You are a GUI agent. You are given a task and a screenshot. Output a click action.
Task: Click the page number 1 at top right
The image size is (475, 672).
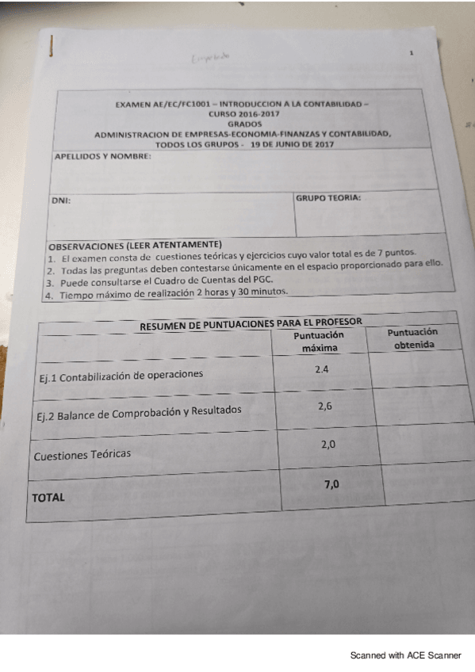pyautogui.click(x=412, y=54)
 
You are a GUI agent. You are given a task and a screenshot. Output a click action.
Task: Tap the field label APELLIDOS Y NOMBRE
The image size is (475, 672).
pyautogui.click(x=102, y=157)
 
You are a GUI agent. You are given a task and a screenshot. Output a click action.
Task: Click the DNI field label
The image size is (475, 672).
pyautogui.click(x=61, y=200)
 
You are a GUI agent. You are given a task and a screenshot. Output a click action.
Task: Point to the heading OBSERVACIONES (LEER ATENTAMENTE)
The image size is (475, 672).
pyautogui.click(x=135, y=245)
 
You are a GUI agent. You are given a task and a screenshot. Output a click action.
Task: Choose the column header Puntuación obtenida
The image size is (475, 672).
pyautogui.click(x=412, y=338)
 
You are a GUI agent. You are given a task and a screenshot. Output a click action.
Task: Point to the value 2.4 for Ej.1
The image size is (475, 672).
pyautogui.click(x=322, y=370)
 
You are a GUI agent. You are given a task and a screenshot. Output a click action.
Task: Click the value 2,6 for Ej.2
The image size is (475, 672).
pyautogui.click(x=325, y=406)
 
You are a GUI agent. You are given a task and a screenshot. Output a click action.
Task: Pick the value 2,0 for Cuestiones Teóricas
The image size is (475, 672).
pyautogui.click(x=328, y=445)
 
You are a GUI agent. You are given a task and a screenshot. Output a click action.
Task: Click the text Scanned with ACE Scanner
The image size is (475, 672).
pyautogui.click(x=405, y=655)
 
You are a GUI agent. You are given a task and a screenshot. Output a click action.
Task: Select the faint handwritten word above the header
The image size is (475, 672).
pyautogui.click(x=209, y=57)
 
